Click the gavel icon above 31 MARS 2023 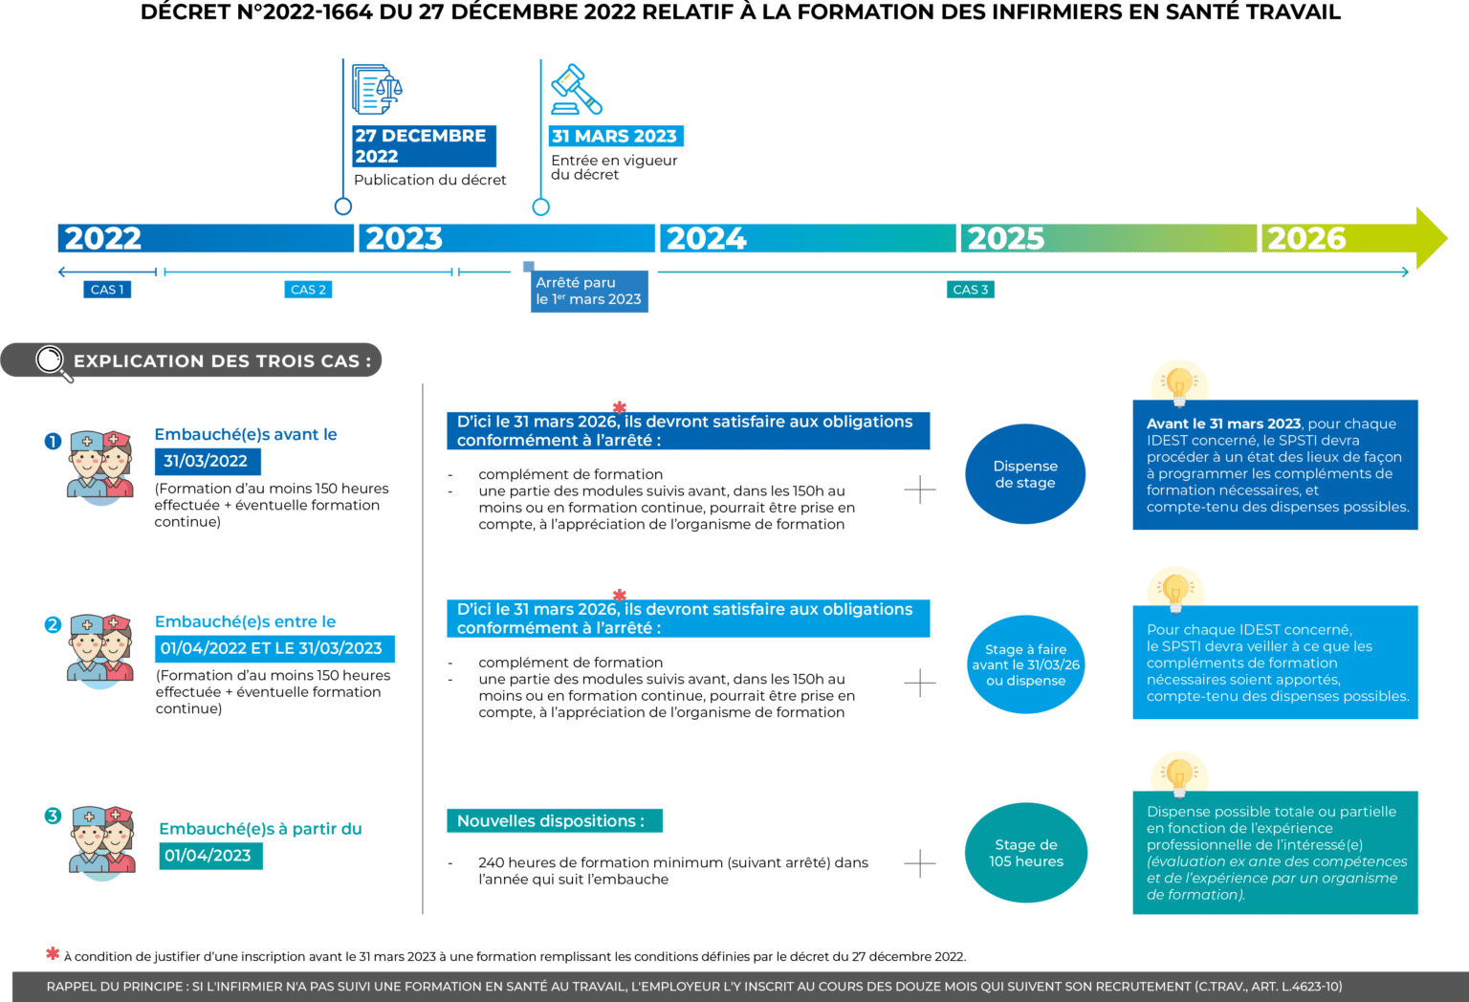(x=576, y=89)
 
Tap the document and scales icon (x=377, y=89)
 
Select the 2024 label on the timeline (x=706, y=238)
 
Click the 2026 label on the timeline (x=1305, y=238)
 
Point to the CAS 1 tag (x=107, y=289)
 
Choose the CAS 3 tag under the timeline (x=970, y=289)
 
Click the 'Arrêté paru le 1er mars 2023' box (x=589, y=292)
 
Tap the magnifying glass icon (x=53, y=362)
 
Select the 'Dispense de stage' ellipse (x=1025, y=474)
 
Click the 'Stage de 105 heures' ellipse (x=1025, y=853)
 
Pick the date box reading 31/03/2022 (x=208, y=461)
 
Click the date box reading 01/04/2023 (x=210, y=856)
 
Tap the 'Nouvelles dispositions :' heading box (x=554, y=821)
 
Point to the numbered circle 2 (x=53, y=624)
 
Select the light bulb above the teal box (x=1178, y=775)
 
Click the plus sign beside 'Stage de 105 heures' (x=919, y=863)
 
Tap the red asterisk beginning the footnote (x=53, y=953)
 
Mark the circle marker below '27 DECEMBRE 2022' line (x=343, y=207)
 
